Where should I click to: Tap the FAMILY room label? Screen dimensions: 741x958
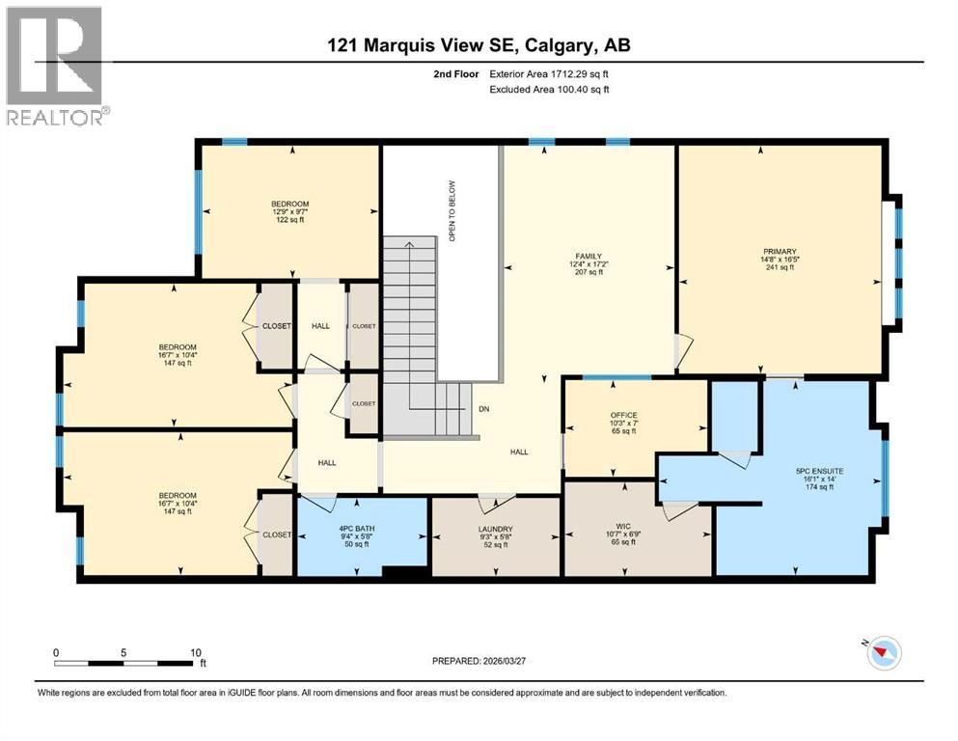pos(587,256)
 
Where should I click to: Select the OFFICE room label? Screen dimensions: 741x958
pos(623,415)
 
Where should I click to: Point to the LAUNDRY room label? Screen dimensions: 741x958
pos(496,529)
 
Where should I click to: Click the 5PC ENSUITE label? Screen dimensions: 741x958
pos(811,471)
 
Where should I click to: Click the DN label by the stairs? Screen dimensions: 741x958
pos(483,408)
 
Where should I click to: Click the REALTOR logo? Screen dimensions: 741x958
pos(56,66)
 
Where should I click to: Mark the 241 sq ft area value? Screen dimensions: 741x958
pos(778,267)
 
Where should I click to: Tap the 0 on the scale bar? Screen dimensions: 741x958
pos(56,652)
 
